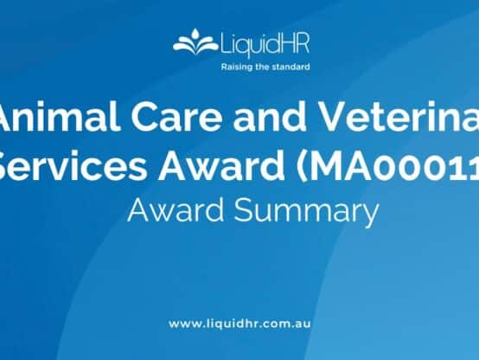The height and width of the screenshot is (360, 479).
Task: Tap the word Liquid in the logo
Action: point(238,43)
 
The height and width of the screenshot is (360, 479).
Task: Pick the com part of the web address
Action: point(277,324)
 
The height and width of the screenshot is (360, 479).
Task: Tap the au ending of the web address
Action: point(303,324)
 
